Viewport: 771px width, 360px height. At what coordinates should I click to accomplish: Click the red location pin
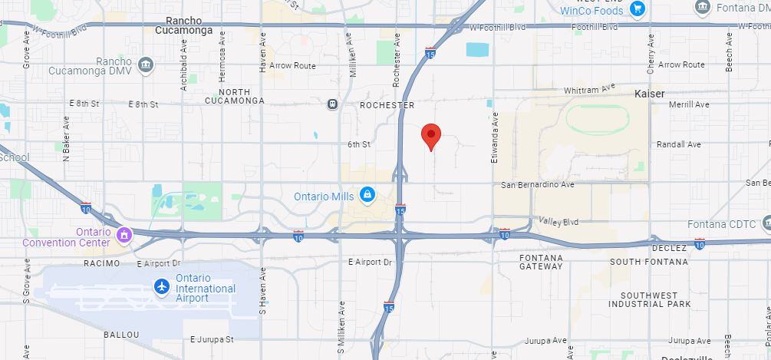click(x=432, y=137)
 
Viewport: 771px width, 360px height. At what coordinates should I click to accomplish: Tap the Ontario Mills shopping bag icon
click(x=367, y=195)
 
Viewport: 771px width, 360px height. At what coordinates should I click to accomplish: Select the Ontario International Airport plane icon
click(x=162, y=287)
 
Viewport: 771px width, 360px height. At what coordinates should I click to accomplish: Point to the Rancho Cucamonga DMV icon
click(x=146, y=64)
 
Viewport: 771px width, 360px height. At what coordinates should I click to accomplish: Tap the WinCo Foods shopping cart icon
click(x=637, y=9)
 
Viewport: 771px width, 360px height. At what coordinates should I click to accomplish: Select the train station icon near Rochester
click(x=331, y=104)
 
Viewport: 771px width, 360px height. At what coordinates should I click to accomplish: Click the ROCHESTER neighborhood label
click(x=387, y=105)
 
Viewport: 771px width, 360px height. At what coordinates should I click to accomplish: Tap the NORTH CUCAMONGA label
click(x=235, y=96)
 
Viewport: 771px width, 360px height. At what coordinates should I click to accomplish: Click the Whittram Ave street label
click(x=590, y=91)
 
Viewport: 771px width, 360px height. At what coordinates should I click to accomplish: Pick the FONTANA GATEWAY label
click(x=541, y=262)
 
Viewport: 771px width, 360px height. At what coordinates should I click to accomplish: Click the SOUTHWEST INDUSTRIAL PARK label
click(x=650, y=299)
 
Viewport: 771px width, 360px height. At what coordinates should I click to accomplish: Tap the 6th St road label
click(x=359, y=144)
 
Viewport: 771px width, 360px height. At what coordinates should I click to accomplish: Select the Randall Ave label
click(x=679, y=144)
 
